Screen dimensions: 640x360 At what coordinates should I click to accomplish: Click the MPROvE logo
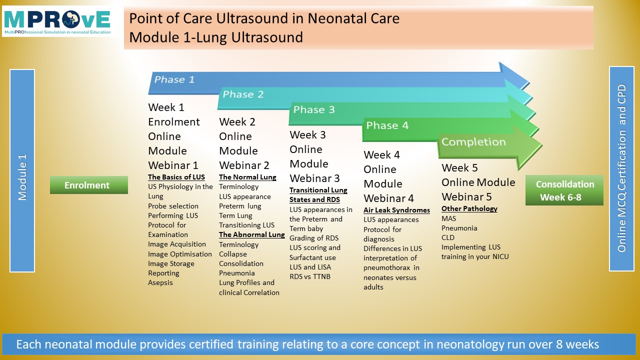pos(59,21)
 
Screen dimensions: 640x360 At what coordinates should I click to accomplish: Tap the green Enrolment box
pos(89,185)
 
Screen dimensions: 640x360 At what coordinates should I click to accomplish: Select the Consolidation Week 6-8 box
pos(564,190)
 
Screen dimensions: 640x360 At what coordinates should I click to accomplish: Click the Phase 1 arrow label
pos(174,79)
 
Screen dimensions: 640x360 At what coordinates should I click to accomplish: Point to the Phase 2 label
pos(243,94)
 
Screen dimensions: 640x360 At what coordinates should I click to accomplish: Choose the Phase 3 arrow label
pos(314,109)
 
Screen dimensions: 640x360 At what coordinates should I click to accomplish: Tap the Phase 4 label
pos(387,125)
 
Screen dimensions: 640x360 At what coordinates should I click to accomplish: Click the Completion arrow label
pos(473,141)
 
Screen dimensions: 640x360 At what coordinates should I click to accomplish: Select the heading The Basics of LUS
pos(176,177)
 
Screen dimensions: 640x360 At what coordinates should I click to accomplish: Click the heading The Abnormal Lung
pos(251,234)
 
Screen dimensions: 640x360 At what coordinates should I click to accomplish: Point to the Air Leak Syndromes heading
pos(396,210)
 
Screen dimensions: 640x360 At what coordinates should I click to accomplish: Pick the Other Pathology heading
pos(469,209)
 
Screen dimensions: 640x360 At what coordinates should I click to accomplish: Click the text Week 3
pos(307,135)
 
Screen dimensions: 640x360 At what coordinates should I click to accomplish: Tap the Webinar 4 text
pos(388,198)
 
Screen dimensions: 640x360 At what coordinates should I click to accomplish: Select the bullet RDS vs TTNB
pos(310,276)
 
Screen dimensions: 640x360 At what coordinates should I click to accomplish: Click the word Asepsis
pos(160,283)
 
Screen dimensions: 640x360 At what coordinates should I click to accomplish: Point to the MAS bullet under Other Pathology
pos(448,218)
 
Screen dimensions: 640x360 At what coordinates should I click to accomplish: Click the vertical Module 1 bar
pos(22,170)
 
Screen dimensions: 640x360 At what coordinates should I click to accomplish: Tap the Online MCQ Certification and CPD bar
pos(621,168)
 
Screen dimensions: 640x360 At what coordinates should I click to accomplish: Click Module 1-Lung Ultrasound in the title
pos(216,37)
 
